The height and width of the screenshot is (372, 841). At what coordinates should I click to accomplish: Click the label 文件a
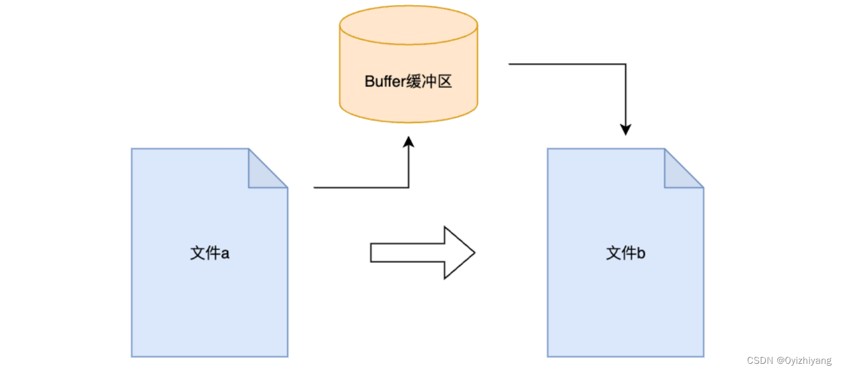coord(209,253)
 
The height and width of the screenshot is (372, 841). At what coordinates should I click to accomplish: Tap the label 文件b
coord(625,253)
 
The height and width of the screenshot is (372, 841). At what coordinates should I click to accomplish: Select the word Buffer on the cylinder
coord(383,81)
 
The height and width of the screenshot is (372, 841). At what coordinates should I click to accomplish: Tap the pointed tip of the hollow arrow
coord(473,253)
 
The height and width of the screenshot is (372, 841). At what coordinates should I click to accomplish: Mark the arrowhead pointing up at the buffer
coord(409,142)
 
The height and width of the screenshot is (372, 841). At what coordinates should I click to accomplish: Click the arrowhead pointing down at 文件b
coord(625,129)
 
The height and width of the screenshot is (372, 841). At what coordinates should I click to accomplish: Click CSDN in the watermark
coord(760,361)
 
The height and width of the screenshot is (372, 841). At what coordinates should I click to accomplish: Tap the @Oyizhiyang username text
coord(804,361)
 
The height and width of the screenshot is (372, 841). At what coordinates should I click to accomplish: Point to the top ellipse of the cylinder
coord(409,25)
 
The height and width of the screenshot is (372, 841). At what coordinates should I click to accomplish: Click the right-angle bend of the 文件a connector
coord(409,187)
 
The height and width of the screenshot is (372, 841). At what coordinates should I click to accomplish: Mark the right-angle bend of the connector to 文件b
coord(625,64)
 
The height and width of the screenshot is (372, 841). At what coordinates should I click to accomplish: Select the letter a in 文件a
coord(224,254)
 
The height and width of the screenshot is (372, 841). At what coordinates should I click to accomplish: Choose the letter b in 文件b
coord(641,253)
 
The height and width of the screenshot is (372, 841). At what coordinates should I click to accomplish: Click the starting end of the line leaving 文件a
coord(315,187)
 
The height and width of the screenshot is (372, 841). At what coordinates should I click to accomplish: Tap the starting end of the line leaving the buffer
coord(510,64)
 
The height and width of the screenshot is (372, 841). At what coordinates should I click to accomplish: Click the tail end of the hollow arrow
coord(372,253)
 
